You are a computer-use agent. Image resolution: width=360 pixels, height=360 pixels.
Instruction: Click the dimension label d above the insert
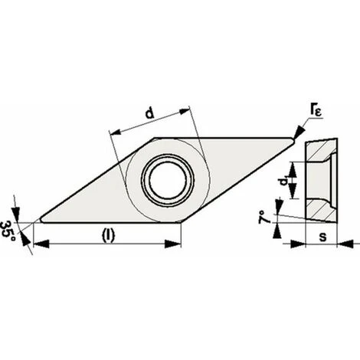[150, 113]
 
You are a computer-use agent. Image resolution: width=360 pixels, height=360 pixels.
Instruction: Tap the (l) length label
[109, 235]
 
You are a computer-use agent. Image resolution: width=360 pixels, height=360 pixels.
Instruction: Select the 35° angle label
[8, 233]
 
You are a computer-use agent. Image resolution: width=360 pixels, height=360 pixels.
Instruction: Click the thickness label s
[323, 237]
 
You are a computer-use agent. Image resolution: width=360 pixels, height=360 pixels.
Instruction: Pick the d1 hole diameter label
[283, 181]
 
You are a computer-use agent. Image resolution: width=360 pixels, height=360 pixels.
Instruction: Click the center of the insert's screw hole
[168, 180]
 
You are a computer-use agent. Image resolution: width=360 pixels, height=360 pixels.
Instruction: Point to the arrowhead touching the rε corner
[299, 132]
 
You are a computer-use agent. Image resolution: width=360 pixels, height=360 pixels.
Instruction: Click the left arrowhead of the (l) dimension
[41, 244]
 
